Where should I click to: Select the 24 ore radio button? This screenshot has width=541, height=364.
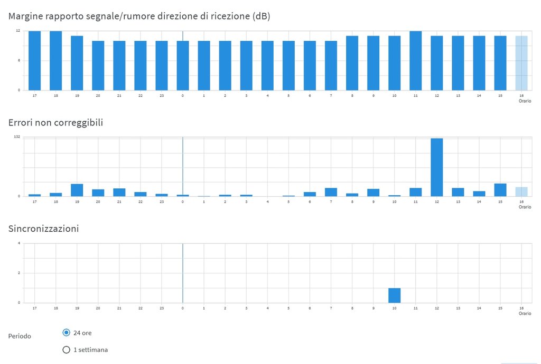(x=66, y=332)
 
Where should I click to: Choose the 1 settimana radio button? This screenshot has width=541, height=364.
(x=66, y=349)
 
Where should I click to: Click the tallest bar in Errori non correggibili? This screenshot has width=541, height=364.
(x=436, y=167)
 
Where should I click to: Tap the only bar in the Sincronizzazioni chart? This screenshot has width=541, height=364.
(x=394, y=295)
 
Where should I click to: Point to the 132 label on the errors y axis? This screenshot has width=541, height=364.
(x=17, y=137)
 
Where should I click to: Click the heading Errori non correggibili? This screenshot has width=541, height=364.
(x=55, y=122)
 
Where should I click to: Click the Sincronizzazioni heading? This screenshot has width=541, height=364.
(x=43, y=229)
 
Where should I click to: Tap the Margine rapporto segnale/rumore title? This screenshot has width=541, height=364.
(x=139, y=16)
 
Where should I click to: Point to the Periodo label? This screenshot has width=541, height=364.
(x=20, y=336)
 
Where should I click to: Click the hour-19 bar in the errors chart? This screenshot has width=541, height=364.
(x=77, y=190)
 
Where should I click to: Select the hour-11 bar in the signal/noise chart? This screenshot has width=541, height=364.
(x=415, y=60)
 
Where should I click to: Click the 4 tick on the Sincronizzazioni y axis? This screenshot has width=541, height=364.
(x=18, y=243)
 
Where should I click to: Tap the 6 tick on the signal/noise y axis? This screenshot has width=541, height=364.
(x=18, y=60)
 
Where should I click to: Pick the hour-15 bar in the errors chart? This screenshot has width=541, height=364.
(x=500, y=190)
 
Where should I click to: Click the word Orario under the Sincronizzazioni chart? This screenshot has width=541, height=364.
(x=525, y=313)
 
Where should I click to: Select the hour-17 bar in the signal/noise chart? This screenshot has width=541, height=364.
(x=34, y=60)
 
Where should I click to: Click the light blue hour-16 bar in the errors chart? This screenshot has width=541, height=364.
(x=521, y=192)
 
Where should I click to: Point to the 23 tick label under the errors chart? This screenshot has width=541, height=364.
(x=162, y=202)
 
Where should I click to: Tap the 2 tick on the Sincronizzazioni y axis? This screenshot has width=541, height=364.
(x=18, y=273)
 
